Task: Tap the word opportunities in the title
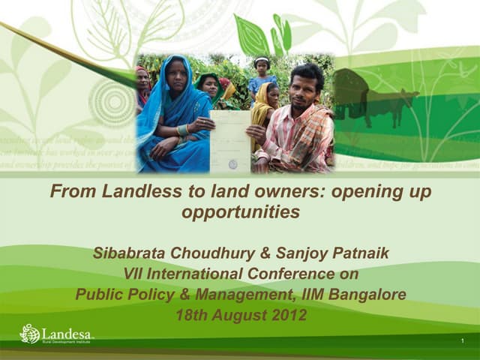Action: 241,212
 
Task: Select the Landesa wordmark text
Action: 67,331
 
